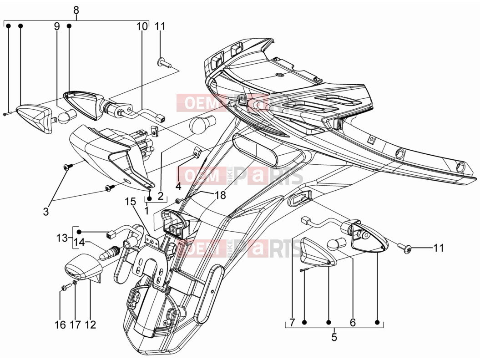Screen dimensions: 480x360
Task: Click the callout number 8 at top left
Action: [76, 10]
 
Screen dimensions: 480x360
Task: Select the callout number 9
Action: [57, 26]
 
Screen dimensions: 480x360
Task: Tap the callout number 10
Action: [142, 26]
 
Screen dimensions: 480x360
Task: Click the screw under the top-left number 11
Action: [164, 63]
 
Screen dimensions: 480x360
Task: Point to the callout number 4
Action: [178, 186]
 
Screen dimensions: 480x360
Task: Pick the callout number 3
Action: [45, 211]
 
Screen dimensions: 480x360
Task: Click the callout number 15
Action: [130, 202]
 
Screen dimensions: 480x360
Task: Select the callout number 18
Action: [220, 195]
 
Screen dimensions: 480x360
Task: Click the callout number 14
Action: [79, 243]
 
